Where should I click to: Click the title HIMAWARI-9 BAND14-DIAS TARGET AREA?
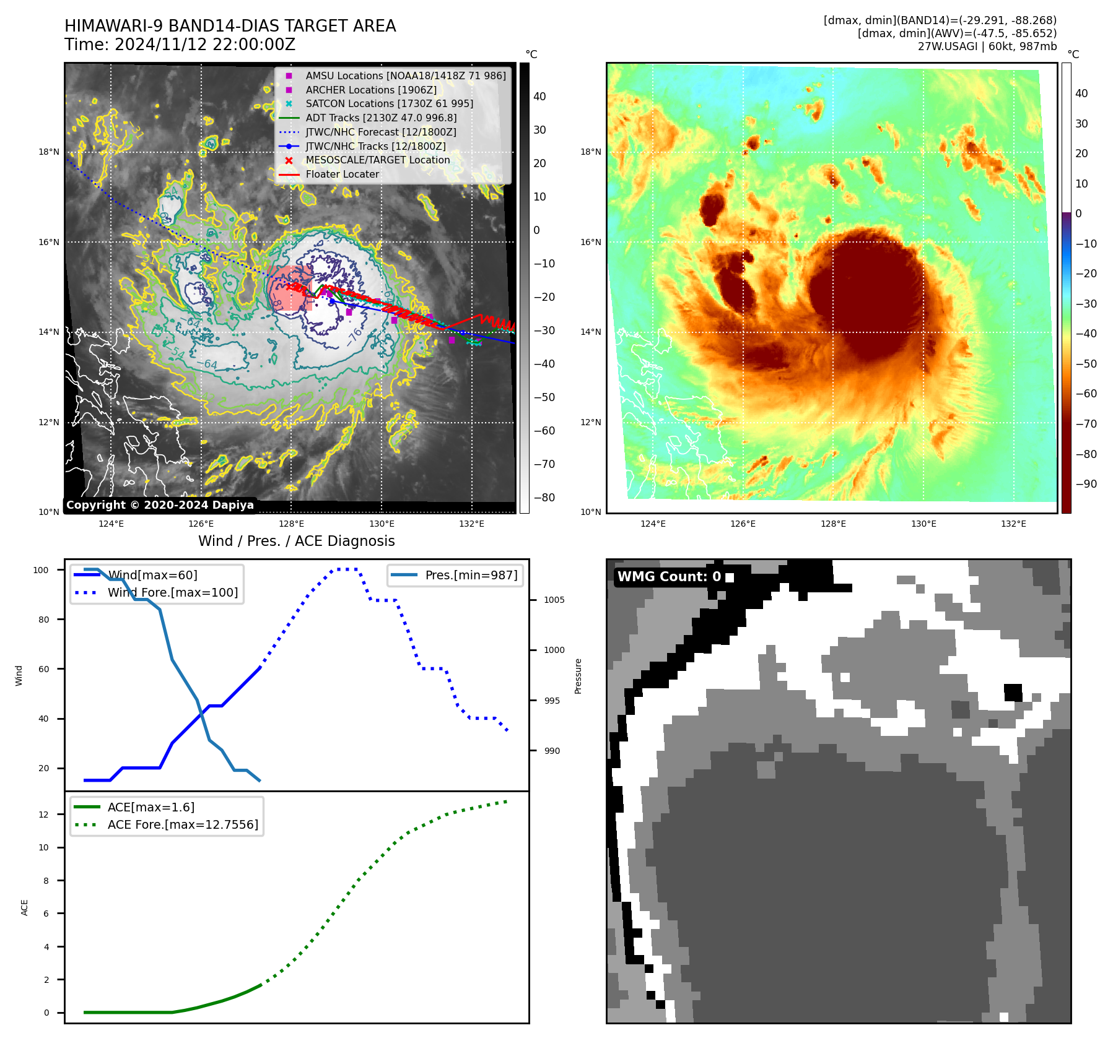(230, 26)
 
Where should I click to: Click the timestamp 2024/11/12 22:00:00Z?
(205, 45)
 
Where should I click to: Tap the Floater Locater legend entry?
(342, 174)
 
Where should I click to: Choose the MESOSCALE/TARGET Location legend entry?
(377, 160)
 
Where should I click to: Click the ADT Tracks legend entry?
(381, 118)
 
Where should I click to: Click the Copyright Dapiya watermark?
(160, 505)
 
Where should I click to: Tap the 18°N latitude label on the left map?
(49, 152)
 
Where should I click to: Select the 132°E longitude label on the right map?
(1013, 524)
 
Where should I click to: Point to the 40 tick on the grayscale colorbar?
(539, 96)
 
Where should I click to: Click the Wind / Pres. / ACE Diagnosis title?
(296, 541)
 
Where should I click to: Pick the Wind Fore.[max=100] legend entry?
(172, 592)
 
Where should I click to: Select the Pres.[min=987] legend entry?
(471, 575)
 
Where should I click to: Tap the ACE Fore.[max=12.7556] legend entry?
(183, 824)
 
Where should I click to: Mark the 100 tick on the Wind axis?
(41, 570)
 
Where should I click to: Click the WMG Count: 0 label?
(669, 577)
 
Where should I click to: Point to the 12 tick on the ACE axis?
(43, 815)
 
